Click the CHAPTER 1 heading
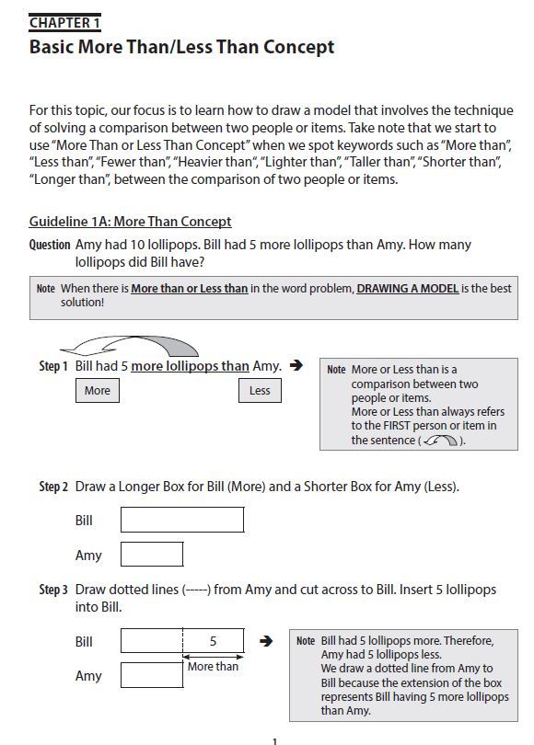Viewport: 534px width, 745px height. tap(64, 22)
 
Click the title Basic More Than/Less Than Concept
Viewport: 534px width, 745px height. tap(181, 46)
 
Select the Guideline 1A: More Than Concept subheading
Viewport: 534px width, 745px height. tap(130, 222)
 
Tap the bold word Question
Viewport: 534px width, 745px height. tap(50, 245)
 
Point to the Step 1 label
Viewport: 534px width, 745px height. tap(53, 366)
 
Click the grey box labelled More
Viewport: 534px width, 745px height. tap(97, 391)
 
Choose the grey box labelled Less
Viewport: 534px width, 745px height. tap(260, 391)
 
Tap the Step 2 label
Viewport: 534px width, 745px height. tap(53, 487)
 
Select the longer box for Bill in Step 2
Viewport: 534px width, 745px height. tap(182, 520)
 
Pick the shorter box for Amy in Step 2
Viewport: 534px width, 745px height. tap(152, 555)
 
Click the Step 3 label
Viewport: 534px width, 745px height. tap(53, 590)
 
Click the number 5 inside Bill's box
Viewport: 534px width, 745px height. tap(213, 641)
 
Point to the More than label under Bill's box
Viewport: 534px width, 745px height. tap(213, 666)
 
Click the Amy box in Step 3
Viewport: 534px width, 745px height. tap(152, 676)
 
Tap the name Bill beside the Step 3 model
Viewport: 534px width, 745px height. tap(84, 641)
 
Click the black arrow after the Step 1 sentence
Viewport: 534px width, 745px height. tap(296, 365)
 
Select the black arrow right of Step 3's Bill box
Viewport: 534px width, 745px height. tap(266, 641)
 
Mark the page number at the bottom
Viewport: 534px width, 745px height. tap(274, 740)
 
